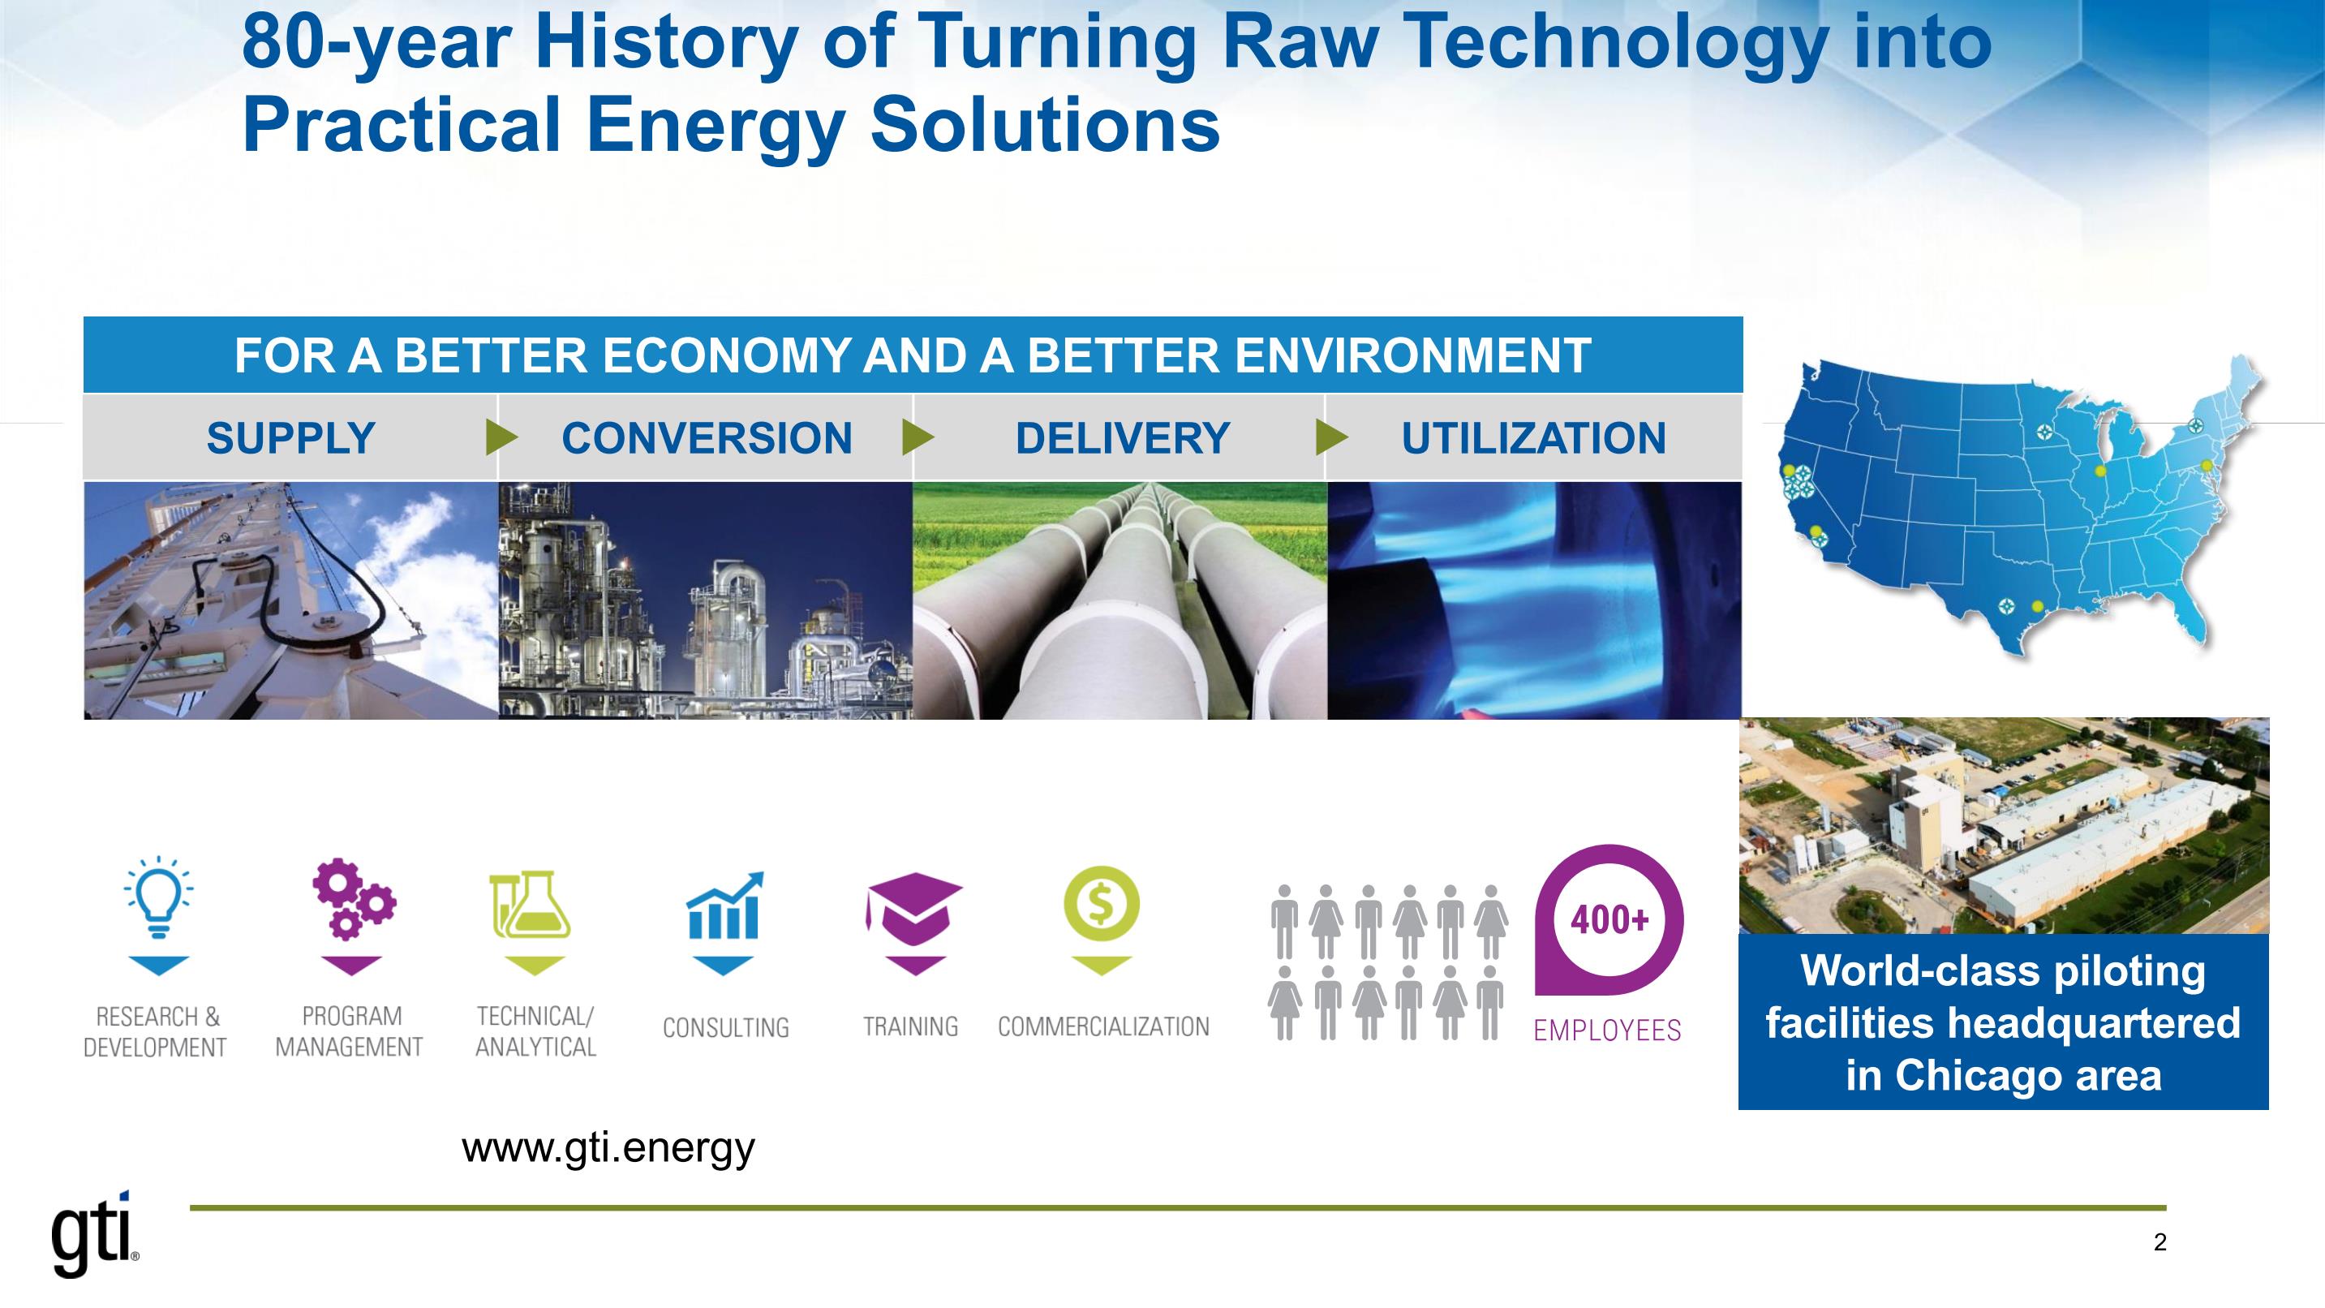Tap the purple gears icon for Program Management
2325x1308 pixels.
pos(354,898)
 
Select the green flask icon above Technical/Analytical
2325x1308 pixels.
pos(531,904)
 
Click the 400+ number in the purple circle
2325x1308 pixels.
pos(1609,920)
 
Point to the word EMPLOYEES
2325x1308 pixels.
pos(1608,1030)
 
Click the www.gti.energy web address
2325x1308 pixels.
pos(608,1149)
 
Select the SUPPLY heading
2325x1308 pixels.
pos(290,439)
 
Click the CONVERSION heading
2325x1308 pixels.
pos(707,439)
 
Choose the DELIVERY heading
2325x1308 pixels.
pos(1123,439)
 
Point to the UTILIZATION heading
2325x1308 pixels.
pos(1533,439)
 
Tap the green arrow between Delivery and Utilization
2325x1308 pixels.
pos(1332,438)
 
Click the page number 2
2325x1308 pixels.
pos(2160,1243)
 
